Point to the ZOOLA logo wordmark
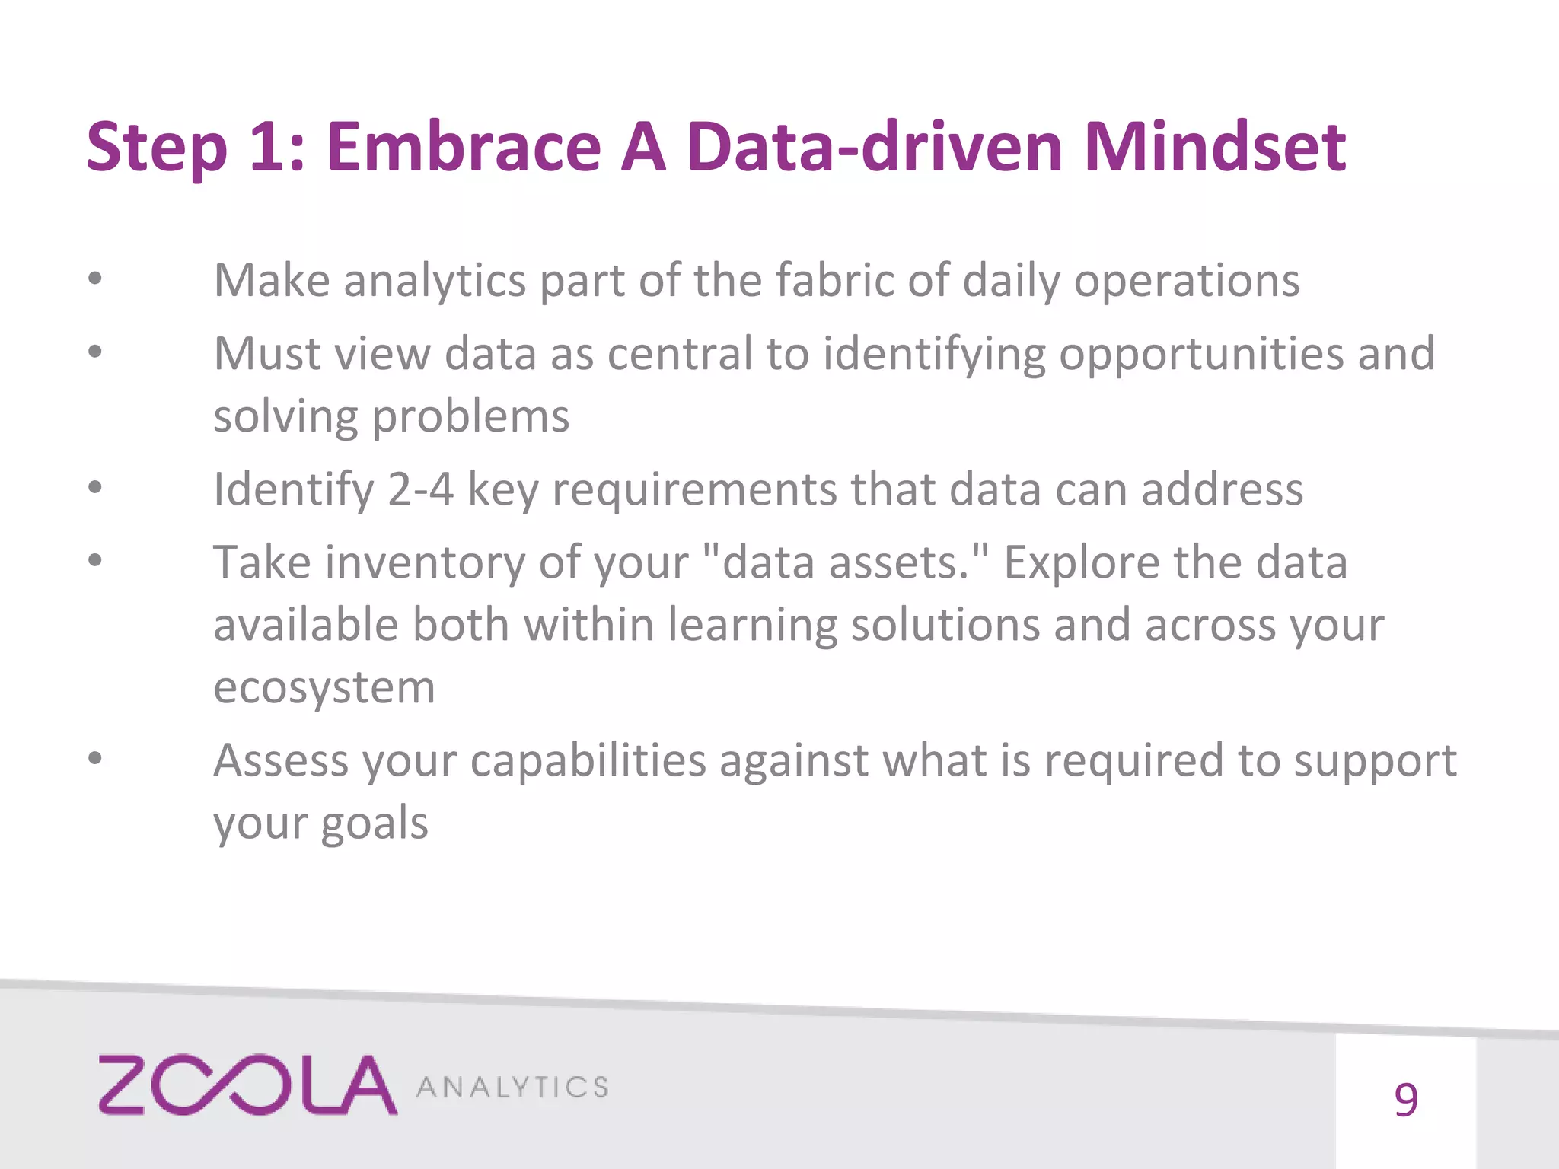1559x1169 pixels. [247, 1085]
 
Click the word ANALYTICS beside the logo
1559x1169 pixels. [512, 1087]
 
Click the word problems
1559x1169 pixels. [470, 417]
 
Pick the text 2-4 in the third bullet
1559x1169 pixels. [420, 489]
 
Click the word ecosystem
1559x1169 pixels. [324, 688]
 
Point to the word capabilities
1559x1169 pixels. [588, 760]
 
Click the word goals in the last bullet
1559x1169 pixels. [374, 824]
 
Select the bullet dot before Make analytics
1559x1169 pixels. [94, 279]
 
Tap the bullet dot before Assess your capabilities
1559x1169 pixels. [94, 759]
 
